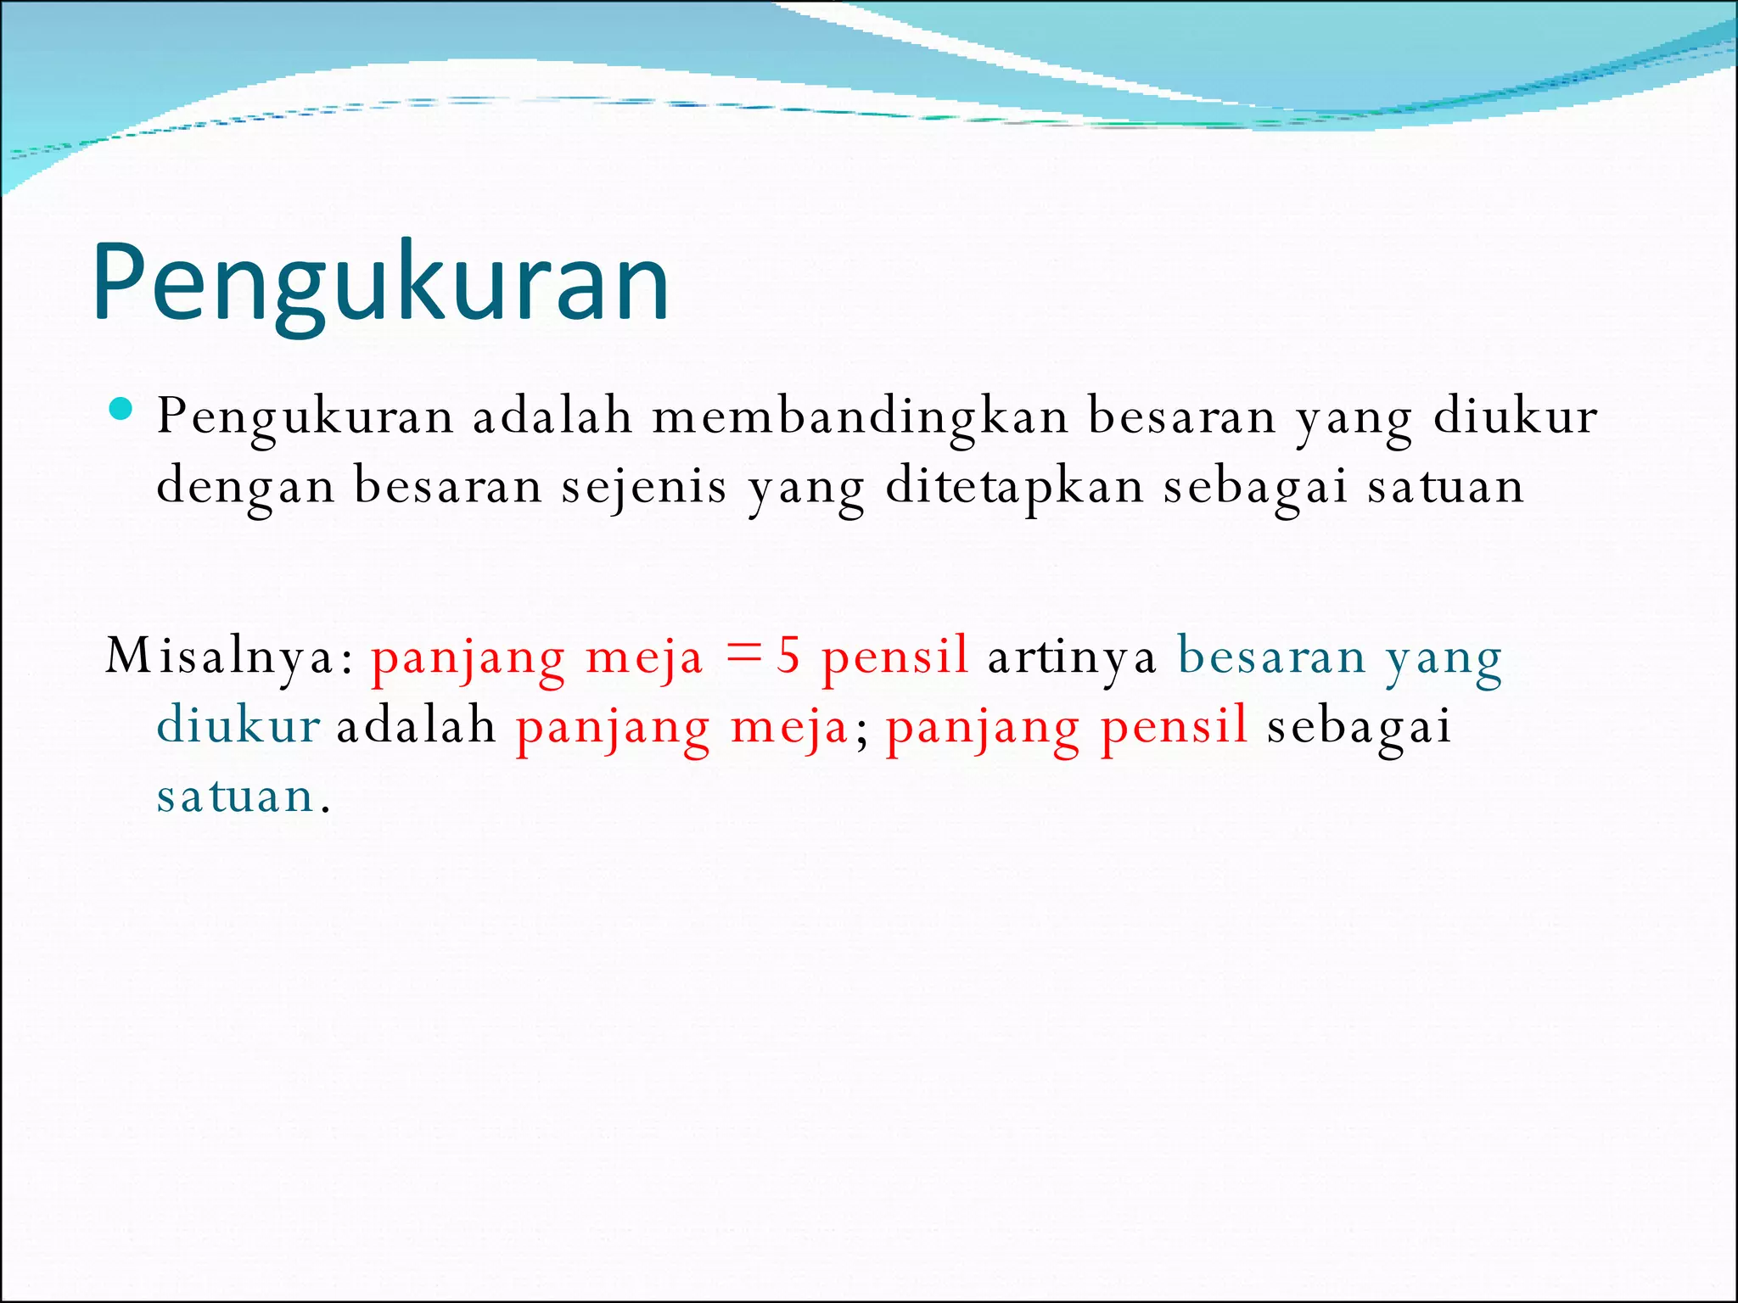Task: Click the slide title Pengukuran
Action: point(381,284)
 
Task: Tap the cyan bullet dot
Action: point(121,410)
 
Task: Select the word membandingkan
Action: point(860,418)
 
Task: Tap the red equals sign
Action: point(745,654)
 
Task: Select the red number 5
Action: point(789,656)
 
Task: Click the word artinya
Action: point(1072,657)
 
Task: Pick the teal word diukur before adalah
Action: point(238,726)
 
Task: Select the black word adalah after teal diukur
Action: point(416,726)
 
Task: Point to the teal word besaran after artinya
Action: point(1271,657)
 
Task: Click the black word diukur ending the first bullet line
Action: point(1515,417)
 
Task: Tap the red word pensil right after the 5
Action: point(894,657)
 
